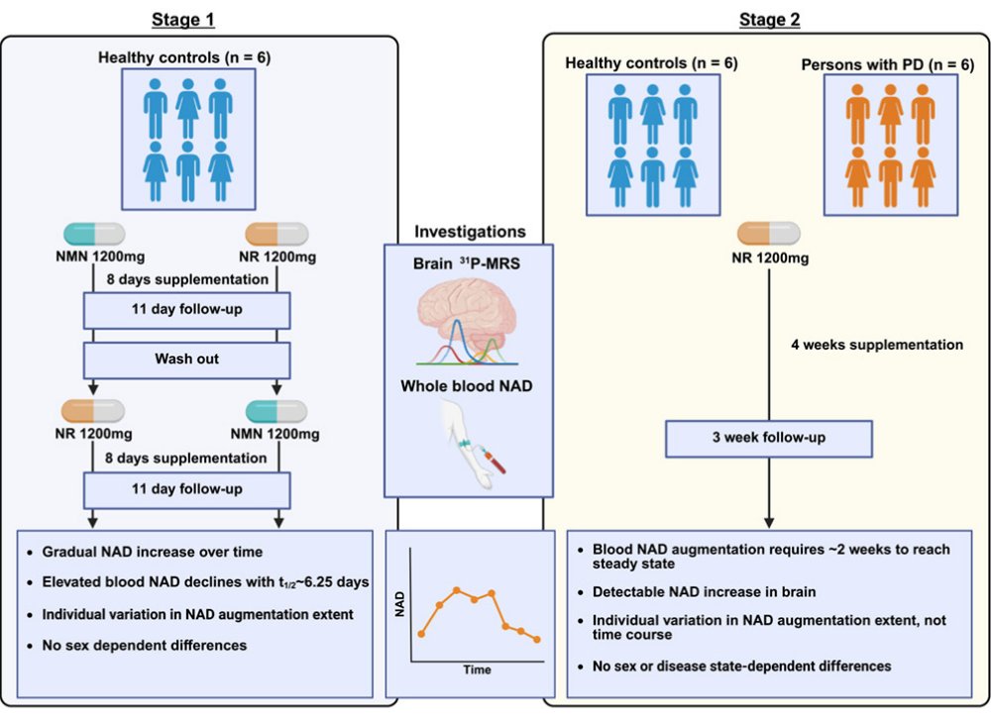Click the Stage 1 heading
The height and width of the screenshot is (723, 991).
click(x=184, y=19)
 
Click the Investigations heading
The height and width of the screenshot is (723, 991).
click(x=470, y=232)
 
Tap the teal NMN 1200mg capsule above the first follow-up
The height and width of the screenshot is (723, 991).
click(x=94, y=235)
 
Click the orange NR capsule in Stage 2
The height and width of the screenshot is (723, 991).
click(x=768, y=235)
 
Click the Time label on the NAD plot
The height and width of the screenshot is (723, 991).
click(x=477, y=670)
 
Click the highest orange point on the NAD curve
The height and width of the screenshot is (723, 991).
click(x=457, y=590)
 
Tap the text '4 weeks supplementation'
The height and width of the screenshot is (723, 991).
click(x=876, y=346)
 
